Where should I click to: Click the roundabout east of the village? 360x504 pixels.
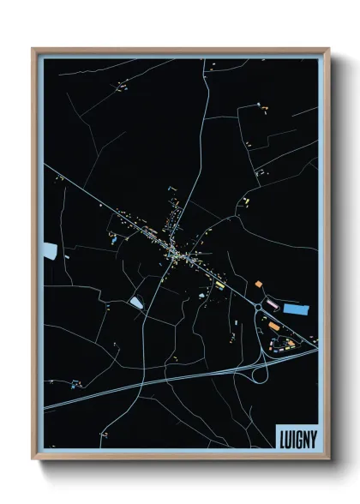click(x=259, y=305)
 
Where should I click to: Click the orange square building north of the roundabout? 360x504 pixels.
click(x=258, y=284)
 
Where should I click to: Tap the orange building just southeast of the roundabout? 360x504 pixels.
click(x=273, y=327)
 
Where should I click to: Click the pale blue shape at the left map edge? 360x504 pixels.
click(x=50, y=251)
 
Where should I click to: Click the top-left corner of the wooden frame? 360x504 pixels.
click(x=33, y=49)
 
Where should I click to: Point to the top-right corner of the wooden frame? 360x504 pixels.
click(x=328, y=49)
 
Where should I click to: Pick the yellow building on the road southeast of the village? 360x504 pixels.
click(x=220, y=282)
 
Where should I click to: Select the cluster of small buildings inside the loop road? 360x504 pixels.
click(x=284, y=343)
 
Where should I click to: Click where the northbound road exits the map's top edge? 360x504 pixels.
click(x=206, y=60)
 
